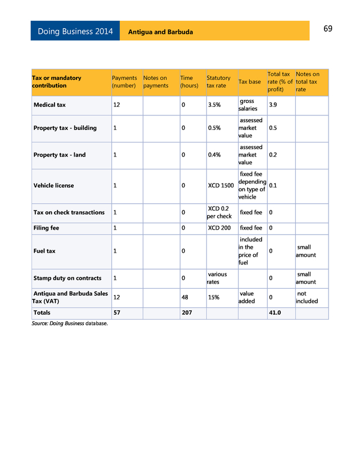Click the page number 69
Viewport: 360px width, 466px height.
pyautogui.click(x=328, y=29)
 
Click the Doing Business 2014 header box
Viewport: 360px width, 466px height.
pyautogui.click(x=75, y=32)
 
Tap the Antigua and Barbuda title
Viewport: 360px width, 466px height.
pyautogui.click(x=160, y=32)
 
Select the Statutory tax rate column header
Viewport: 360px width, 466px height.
pyautogui.click(x=218, y=82)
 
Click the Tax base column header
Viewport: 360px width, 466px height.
pyautogui.click(x=250, y=82)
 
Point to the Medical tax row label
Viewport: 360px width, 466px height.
pyautogui.click(x=49, y=105)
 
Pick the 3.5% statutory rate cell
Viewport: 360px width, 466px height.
pyautogui.click(x=214, y=105)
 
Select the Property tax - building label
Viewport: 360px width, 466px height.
pyautogui.click(x=65, y=128)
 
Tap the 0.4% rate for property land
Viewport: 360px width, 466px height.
pyautogui.click(x=214, y=155)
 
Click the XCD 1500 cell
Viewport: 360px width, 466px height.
pyautogui.click(x=220, y=185)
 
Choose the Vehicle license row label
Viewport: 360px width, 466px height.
pyautogui.click(x=53, y=185)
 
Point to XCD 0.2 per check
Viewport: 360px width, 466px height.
pyautogui.click(x=219, y=212)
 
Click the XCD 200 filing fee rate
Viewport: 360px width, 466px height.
pyautogui.click(x=219, y=228)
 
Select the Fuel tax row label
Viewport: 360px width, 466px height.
pyautogui.click(x=44, y=251)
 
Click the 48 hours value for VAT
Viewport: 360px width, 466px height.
pyautogui.click(x=184, y=297)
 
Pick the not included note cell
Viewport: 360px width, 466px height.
pyautogui.click(x=307, y=297)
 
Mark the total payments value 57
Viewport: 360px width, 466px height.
pyautogui.click(x=117, y=312)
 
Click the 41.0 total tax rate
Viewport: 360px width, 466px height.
pyautogui.click(x=275, y=312)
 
